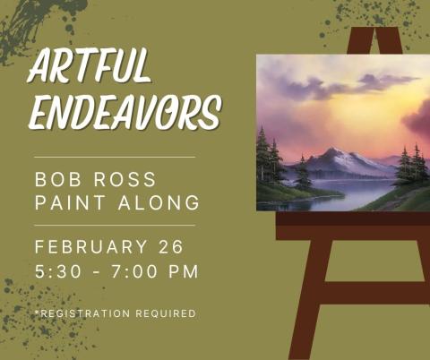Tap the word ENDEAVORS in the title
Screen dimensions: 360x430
(x=124, y=114)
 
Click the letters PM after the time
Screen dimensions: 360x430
(x=184, y=270)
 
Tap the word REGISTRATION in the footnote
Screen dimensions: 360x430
(x=83, y=313)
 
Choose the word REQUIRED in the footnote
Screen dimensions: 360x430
(x=165, y=313)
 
